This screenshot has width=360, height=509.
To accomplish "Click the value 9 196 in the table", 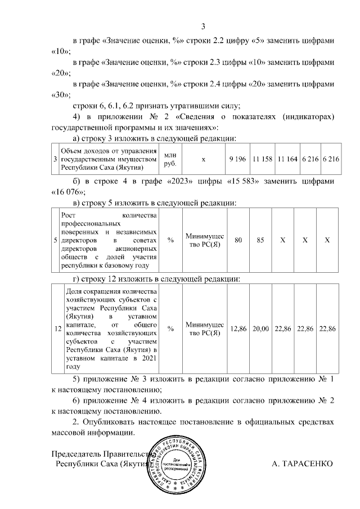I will point(238,159).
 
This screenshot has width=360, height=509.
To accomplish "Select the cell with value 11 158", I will point(262,159).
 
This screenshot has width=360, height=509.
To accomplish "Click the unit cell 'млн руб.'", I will point(169,159).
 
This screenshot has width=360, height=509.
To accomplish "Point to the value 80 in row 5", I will point(238,240).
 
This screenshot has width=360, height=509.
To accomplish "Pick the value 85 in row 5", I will point(260,240).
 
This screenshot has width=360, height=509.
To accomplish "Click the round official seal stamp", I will point(178,463).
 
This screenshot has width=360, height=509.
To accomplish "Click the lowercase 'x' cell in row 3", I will point(204,159).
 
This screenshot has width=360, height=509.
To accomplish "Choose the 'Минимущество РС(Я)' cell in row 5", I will point(204,240).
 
